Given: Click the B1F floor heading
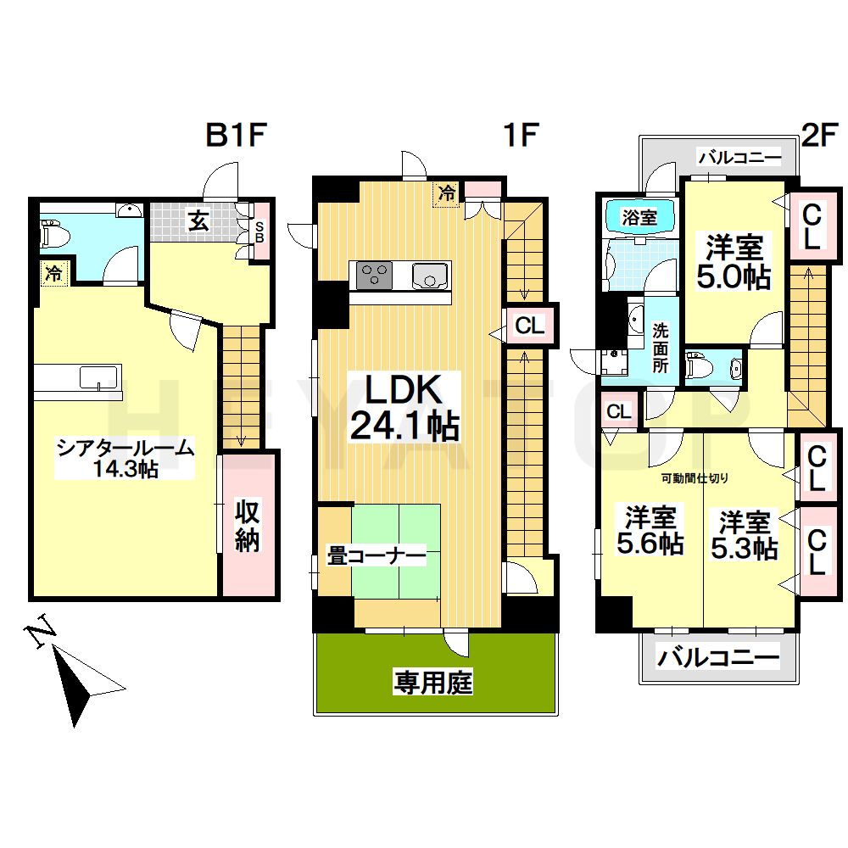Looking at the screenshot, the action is click(x=237, y=135).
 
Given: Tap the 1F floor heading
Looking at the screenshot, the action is click(x=521, y=135).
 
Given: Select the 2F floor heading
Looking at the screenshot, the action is click(x=820, y=135).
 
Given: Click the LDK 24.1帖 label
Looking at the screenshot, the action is click(x=404, y=407).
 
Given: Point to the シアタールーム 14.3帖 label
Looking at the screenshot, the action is click(x=125, y=459).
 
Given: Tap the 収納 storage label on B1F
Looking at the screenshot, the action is click(x=248, y=527).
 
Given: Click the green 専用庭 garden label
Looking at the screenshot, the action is click(x=432, y=683).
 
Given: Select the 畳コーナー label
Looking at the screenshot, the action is click(x=377, y=555).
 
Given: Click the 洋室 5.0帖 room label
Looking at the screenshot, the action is click(x=734, y=262).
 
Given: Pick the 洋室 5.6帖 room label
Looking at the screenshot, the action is click(x=650, y=530).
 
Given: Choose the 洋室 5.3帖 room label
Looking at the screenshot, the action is click(x=745, y=534).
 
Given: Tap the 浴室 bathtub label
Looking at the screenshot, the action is click(x=639, y=217).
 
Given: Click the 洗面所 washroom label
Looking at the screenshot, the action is click(x=660, y=348).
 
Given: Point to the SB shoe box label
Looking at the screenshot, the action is click(x=259, y=231).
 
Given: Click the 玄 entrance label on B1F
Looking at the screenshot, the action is click(x=198, y=221).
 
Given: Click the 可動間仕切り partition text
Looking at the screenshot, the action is click(x=695, y=478).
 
